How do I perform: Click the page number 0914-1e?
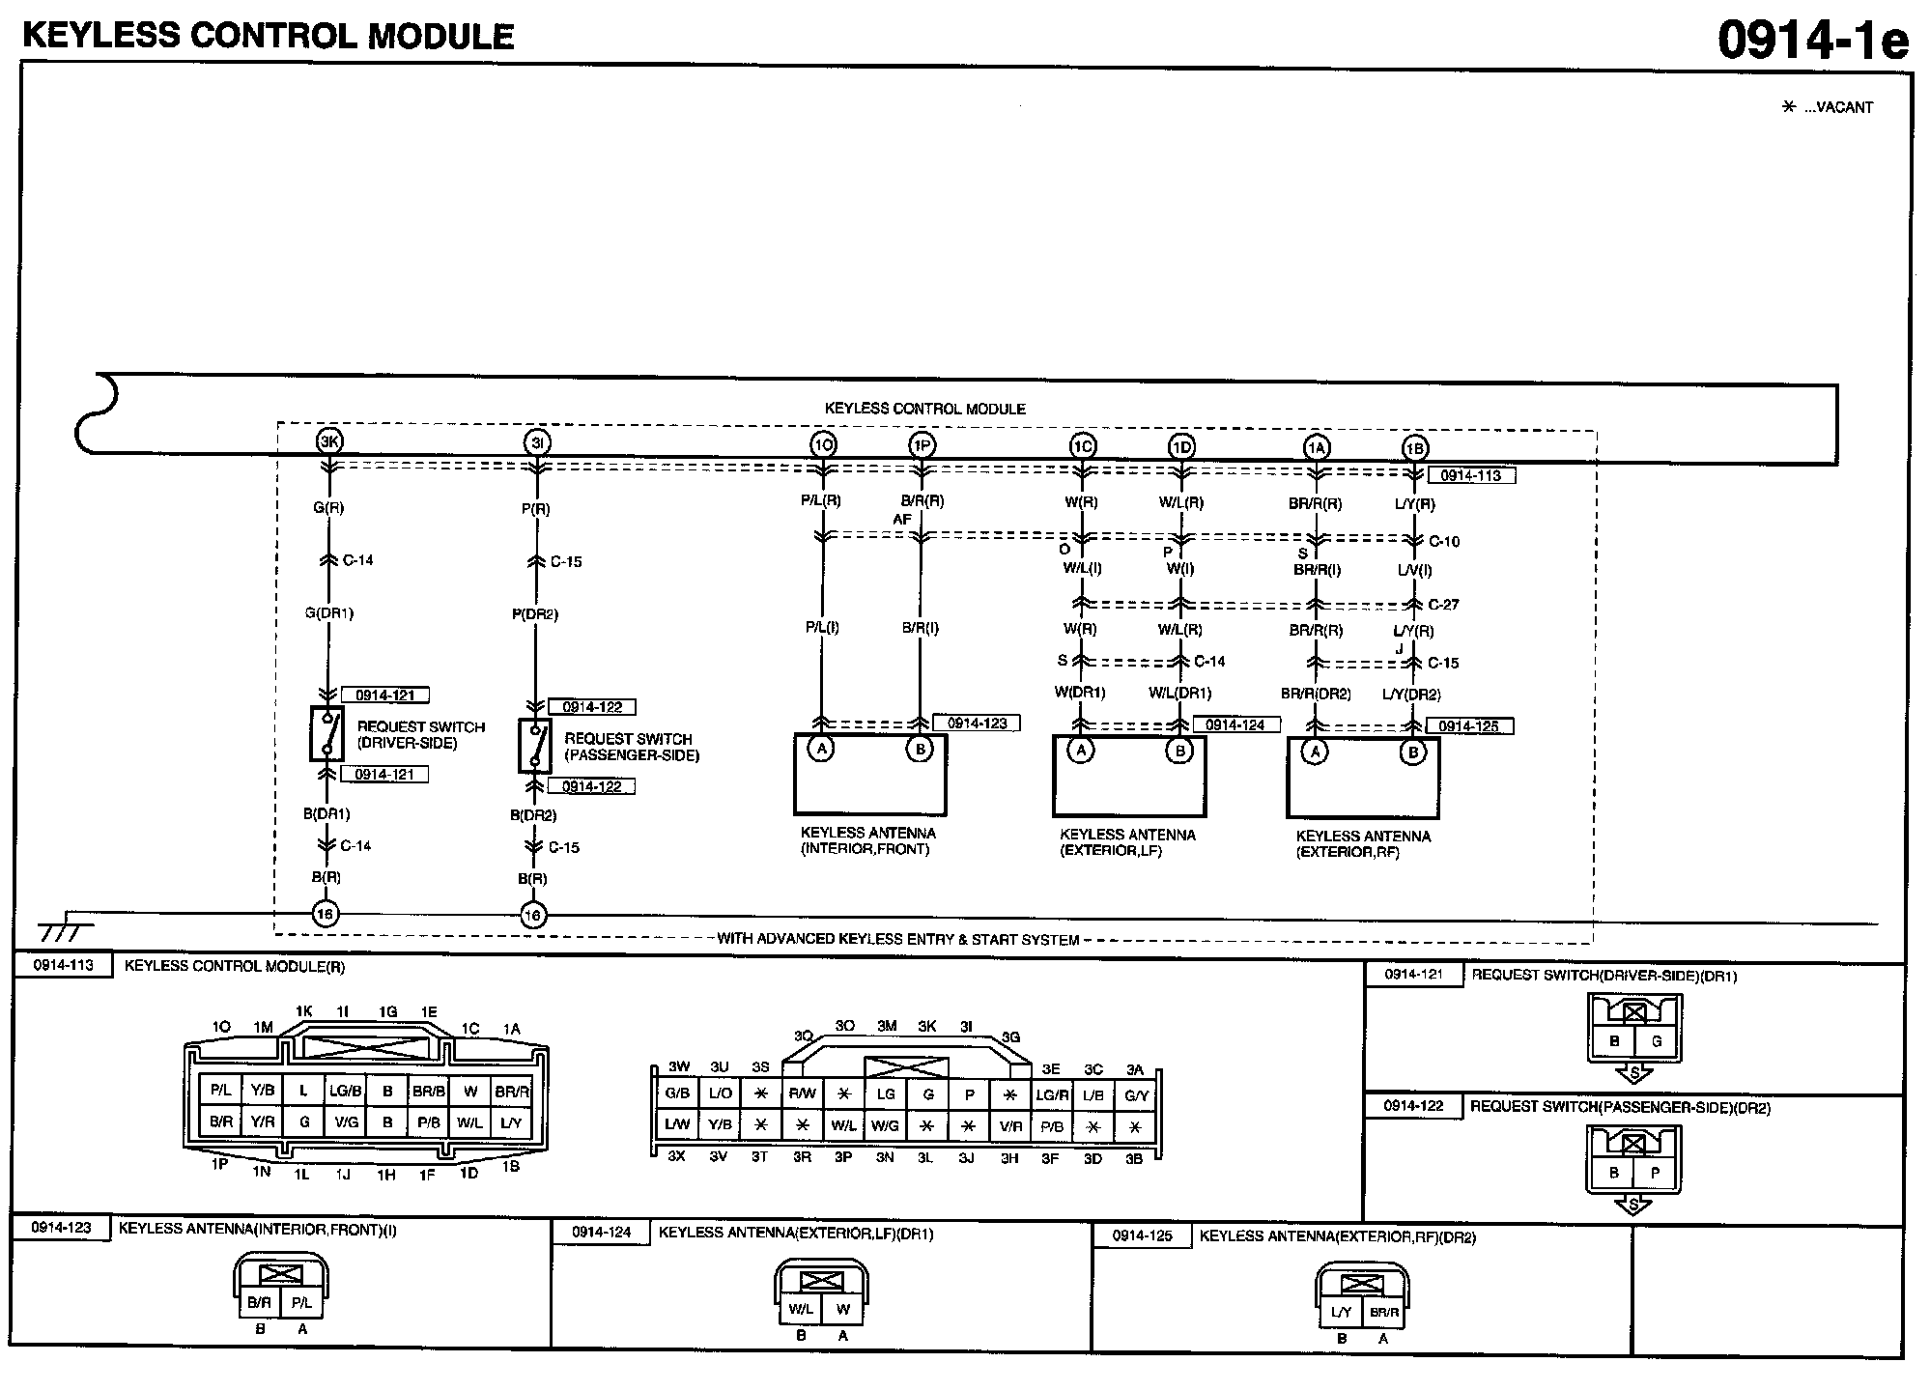tap(1812, 41)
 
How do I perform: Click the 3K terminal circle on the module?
tap(329, 441)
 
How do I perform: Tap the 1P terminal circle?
tap(922, 444)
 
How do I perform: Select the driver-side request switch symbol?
tap(326, 734)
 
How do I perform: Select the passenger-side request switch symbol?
tap(534, 746)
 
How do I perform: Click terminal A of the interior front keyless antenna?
tap(821, 749)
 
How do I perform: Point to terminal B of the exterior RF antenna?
tap(1413, 752)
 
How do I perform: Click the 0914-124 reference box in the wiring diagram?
tap(1235, 724)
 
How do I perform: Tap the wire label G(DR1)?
tap(329, 613)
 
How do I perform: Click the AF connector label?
tap(901, 520)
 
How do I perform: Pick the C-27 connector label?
tap(1443, 605)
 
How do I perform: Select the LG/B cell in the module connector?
tap(345, 1091)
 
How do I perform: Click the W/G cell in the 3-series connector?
tap(885, 1125)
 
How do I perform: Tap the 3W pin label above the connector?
tap(679, 1066)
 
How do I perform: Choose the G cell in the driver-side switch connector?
tap(1657, 1041)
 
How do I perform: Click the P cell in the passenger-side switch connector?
tap(1655, 1173)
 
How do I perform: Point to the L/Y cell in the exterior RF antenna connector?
tap(1341, 1312)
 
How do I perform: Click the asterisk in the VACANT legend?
tap(1788, 107)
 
